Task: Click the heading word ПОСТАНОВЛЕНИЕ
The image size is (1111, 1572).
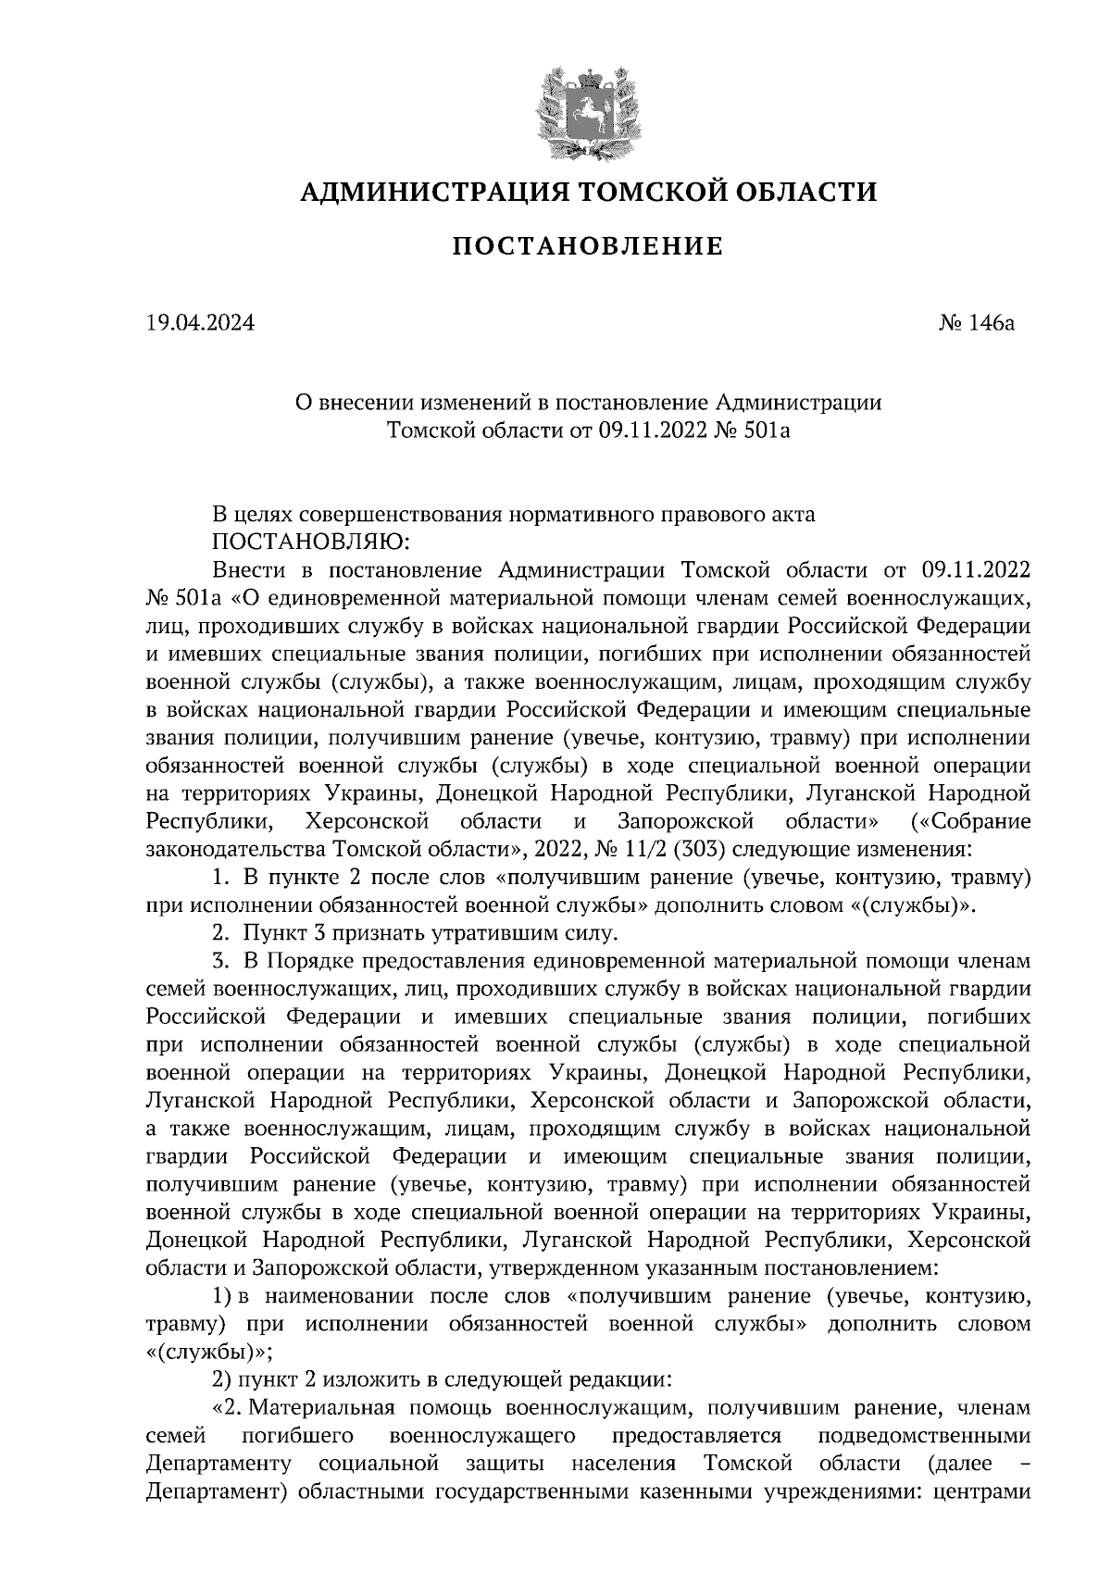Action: click(x=587, y=246)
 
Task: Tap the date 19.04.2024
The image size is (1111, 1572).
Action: click(x=200, y=324)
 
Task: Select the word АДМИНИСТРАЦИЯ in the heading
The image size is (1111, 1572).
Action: click(x=434, y=192)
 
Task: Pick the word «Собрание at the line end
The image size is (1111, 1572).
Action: click(x=971, y=821)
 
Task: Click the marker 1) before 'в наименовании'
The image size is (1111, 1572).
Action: click(x=221, y=1296)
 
